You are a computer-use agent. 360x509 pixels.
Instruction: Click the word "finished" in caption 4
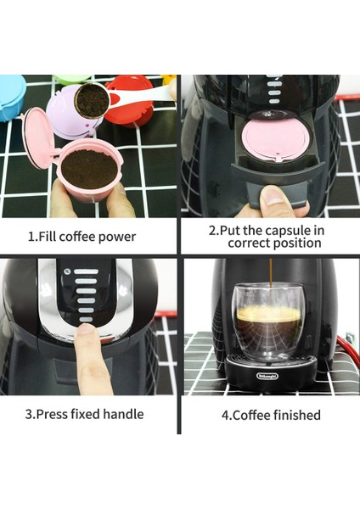[x=292, y=416]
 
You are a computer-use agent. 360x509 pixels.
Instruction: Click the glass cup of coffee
[x=268, y=322]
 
